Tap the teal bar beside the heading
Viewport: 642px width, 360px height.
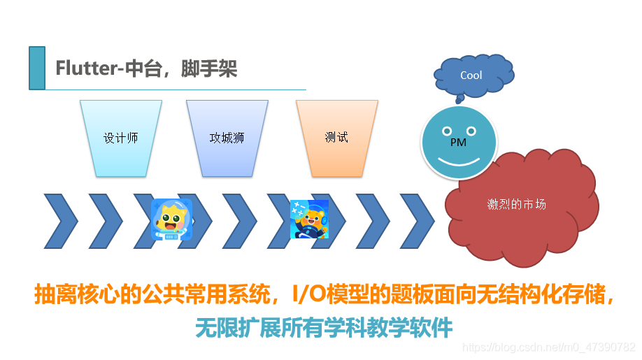click(37, 68)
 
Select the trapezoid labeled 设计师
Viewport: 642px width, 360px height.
click(120, 138)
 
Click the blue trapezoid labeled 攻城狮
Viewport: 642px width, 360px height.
click(227, 138)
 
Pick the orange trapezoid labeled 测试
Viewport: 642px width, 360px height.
click(336, 137)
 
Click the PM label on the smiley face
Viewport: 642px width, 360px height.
click(458, 143)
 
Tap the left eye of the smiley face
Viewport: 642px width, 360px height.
click(446, 131)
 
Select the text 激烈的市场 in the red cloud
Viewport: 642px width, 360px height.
click(517, 205)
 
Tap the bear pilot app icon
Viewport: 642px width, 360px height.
click(309, 219)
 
